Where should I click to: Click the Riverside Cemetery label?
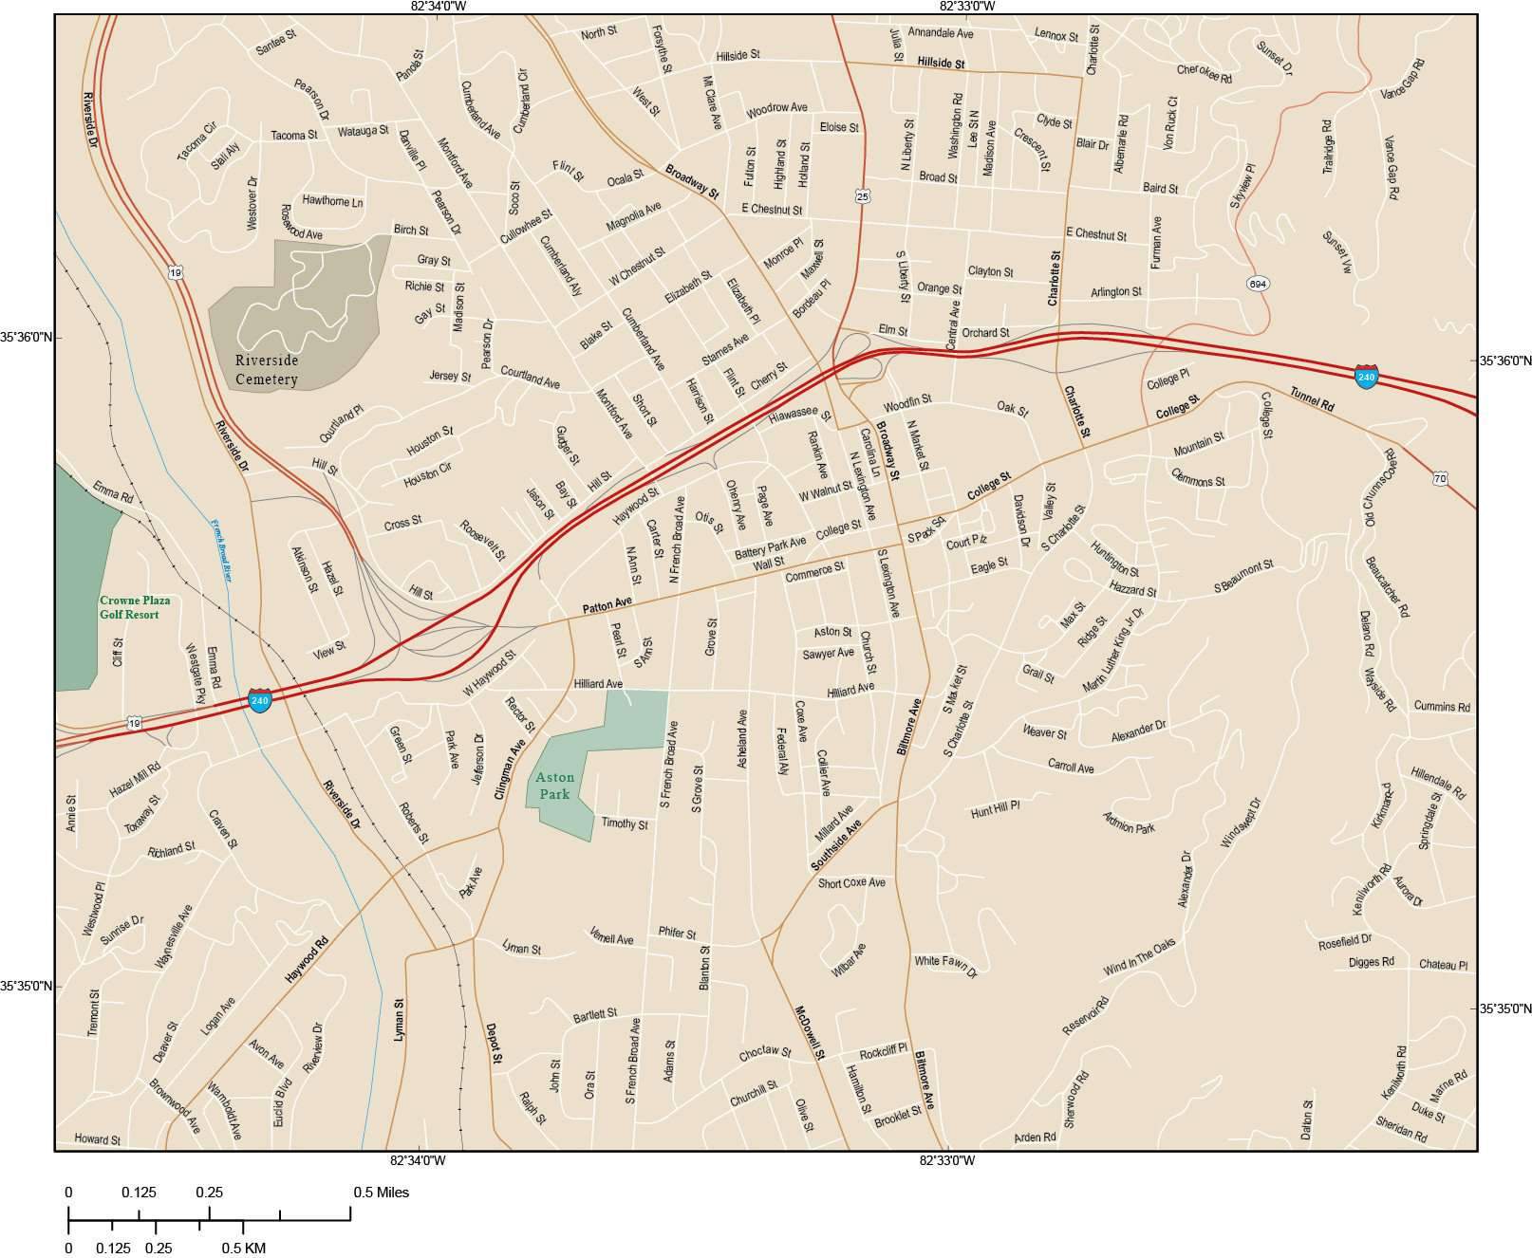pyautogui.click(x=267, y=370)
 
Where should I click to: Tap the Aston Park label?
pyautogui.click(x=554, y=786)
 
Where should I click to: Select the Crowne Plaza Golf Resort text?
pyautogui.click(x=129, y=607)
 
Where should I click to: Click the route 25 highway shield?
pyautogui.click(x=862, y=195)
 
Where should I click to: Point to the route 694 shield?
pyautogui.click(x=1258, y=284)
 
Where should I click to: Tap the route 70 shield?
pyautogui.click(x=1441, y=479)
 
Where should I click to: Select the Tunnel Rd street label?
pyautogui.click(x=1312, y=399)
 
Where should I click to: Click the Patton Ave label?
pyautogui.click(x=607, y=604)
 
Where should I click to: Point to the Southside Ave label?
pyautogui.click(x=835, y=844)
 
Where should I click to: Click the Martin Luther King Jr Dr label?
pyautogui.click(x=1113, y=650)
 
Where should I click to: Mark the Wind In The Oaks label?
pyautogui.click(x=1139, y=957)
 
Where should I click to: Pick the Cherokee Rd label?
pyautogui.click(x=1204, y=73)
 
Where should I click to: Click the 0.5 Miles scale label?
pyautogui.click(x=382, y=1192)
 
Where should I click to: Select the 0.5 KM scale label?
pyautogui.click(x=244, y=1248)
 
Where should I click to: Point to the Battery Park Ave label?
pyautogui.click(x=770, y=547)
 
